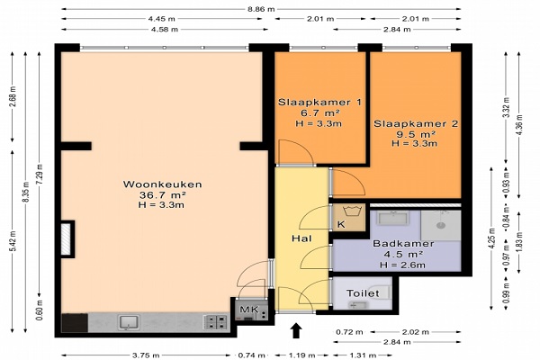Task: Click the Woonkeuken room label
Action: click(162, 184)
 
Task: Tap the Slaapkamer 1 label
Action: click(319, 102)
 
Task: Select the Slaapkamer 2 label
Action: click(416, 123)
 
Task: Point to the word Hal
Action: click(301, 238)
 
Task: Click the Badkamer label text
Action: click(403, 244)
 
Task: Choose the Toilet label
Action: click(363, 293)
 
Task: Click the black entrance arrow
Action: click(296, 330)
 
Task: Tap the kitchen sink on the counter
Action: click(129, 322)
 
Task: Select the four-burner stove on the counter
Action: click(215, 322)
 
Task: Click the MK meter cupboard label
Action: click(249, 310)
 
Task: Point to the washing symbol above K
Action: click(351, 211)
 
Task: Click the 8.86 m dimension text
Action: click(261, 9)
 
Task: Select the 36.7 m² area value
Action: click(162, 194)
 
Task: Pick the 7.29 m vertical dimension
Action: click(40, 174)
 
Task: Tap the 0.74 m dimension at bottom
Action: click(251, 355)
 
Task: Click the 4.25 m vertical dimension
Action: click(491, 238)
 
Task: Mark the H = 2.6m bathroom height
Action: click(402, 265)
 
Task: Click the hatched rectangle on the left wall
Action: click(66, 239)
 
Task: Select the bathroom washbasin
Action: click(393, 218)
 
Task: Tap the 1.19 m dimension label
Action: click(301, 355)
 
